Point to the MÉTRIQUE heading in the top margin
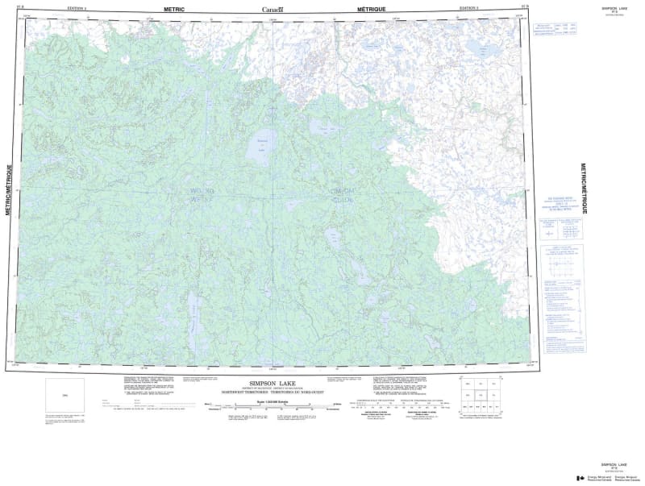tap(372, 8)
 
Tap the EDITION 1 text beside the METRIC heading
tap(77, 8)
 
